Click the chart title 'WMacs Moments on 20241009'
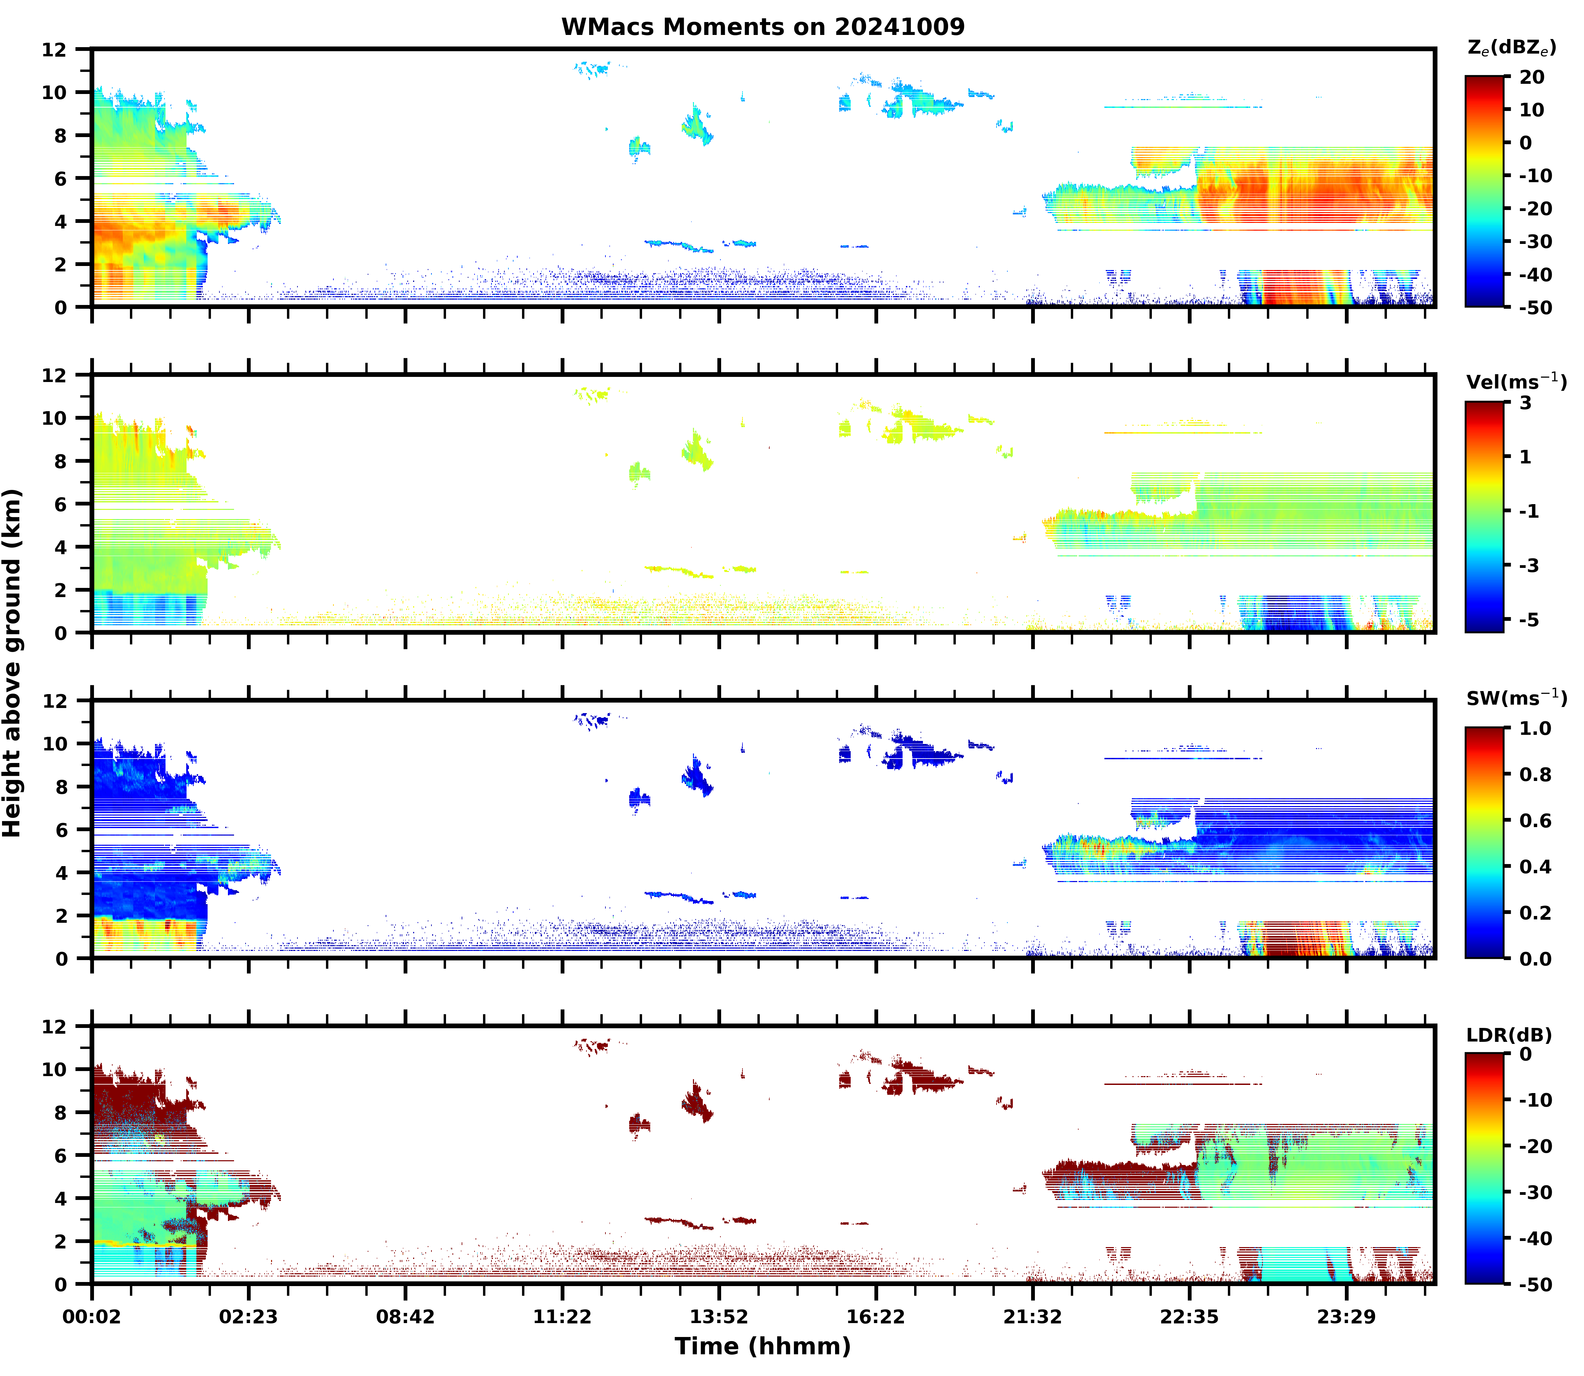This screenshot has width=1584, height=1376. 762,27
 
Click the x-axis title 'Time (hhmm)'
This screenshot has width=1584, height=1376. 762,1346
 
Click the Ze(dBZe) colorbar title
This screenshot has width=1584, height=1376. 1511,47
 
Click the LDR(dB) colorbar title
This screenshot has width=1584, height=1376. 1509,1035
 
